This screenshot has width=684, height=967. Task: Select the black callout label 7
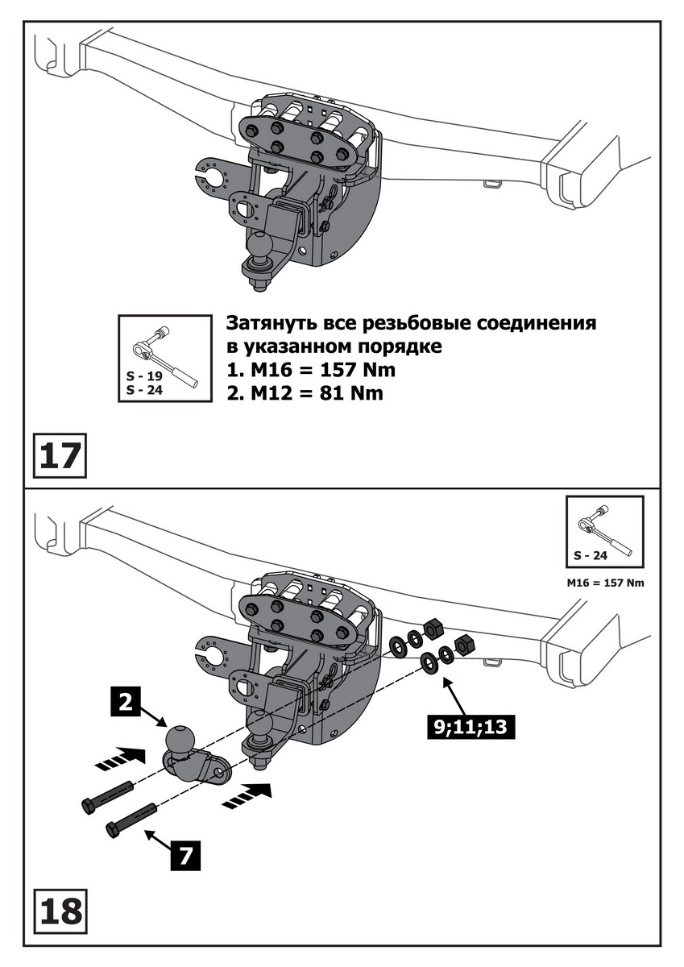click(185, 855)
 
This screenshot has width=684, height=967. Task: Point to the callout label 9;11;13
click(469, 727)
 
